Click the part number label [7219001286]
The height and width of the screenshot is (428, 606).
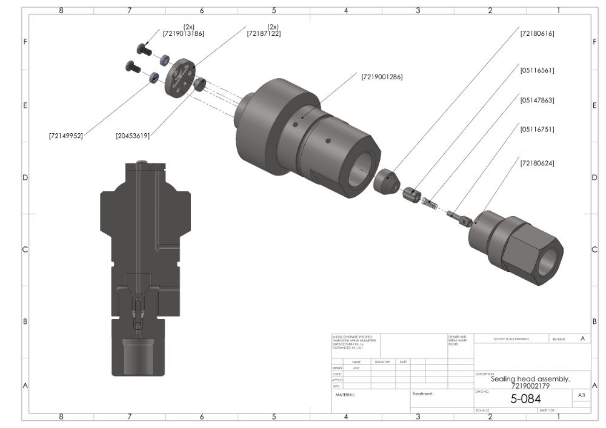coord(382,77)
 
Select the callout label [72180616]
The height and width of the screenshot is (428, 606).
coord(537,33)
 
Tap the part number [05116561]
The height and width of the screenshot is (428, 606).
coord(537,70)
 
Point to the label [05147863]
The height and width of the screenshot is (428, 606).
coord(537,100)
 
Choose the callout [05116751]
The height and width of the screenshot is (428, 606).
coord(537,129)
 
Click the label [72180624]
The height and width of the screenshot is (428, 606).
coord(537,163)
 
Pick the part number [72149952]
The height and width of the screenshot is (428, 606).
coord(65,136)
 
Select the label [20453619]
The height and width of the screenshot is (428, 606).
coord(133,136)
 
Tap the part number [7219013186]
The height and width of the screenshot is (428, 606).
coord(183,33)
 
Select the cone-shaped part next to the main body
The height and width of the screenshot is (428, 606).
coord(385,182)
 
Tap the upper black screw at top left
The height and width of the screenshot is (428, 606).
coord(144,48)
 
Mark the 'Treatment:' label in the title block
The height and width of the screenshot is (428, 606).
coord(423,393)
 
